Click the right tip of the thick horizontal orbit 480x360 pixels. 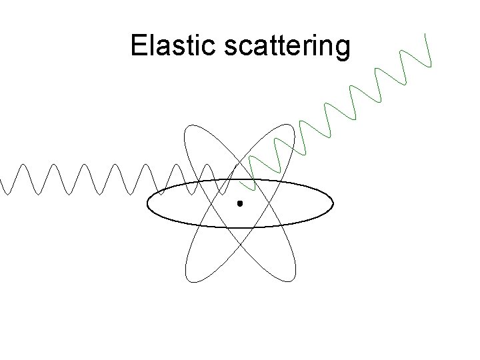click(x=333, y=203)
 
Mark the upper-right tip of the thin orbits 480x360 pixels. click(x=291, y=126)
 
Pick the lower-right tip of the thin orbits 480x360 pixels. click(x=293, y=279)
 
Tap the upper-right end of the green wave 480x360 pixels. click(x=428, y=33)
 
